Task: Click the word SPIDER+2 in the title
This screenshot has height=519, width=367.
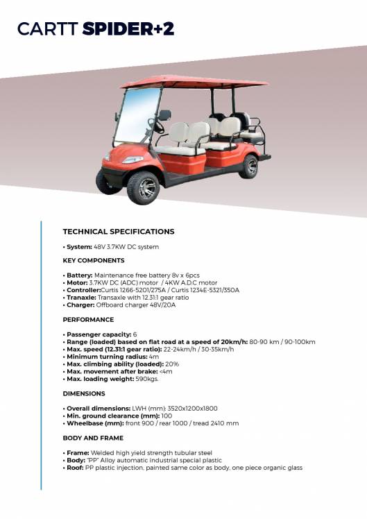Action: pos(128,28)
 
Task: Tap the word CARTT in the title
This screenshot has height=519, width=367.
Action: pos(47,28)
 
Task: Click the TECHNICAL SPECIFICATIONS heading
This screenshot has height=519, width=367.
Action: pos(119,232)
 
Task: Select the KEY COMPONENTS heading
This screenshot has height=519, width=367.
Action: pos(94,261)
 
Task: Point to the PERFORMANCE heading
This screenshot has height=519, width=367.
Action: pos(88,320)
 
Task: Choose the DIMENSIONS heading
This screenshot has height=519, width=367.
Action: pos(84,393)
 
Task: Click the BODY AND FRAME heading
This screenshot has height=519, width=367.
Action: pos(93,438)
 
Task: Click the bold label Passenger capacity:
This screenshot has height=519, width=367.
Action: pos(99,334)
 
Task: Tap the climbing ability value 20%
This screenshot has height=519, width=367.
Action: pos(173,364)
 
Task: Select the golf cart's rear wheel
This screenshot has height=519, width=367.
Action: pos(248,167)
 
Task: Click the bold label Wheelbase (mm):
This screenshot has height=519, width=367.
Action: pos(94,423)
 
